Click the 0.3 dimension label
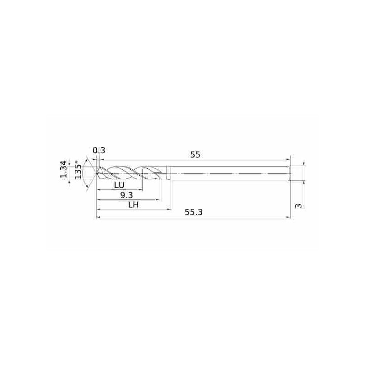(99, 151)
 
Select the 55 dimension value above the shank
(195, 155)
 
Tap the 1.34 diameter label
(64, 169)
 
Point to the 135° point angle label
(78, 170)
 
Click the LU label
(120, 185)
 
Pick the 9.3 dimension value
(126, 195)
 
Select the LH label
(134, 205)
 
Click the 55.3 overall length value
(193, 212)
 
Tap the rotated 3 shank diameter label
(298, 206)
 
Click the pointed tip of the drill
(96, 173)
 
